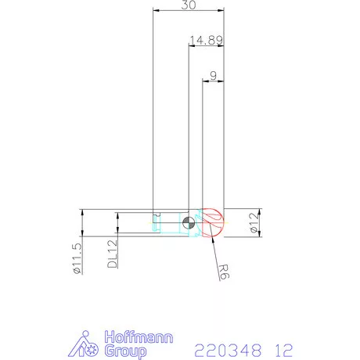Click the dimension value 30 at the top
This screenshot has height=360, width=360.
[188, 5]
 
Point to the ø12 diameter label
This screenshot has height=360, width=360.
[253, 224]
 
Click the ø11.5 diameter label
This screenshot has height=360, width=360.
[76, 257]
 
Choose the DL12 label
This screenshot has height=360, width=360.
[112, 254]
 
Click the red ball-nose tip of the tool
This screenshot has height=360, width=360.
[212, 224]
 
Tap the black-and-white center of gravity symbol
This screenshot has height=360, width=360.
[188, 224]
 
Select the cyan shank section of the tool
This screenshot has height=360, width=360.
[167, 224]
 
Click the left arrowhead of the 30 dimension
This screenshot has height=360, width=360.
[156, 10]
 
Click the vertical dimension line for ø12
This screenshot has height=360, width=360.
[260, 224]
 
